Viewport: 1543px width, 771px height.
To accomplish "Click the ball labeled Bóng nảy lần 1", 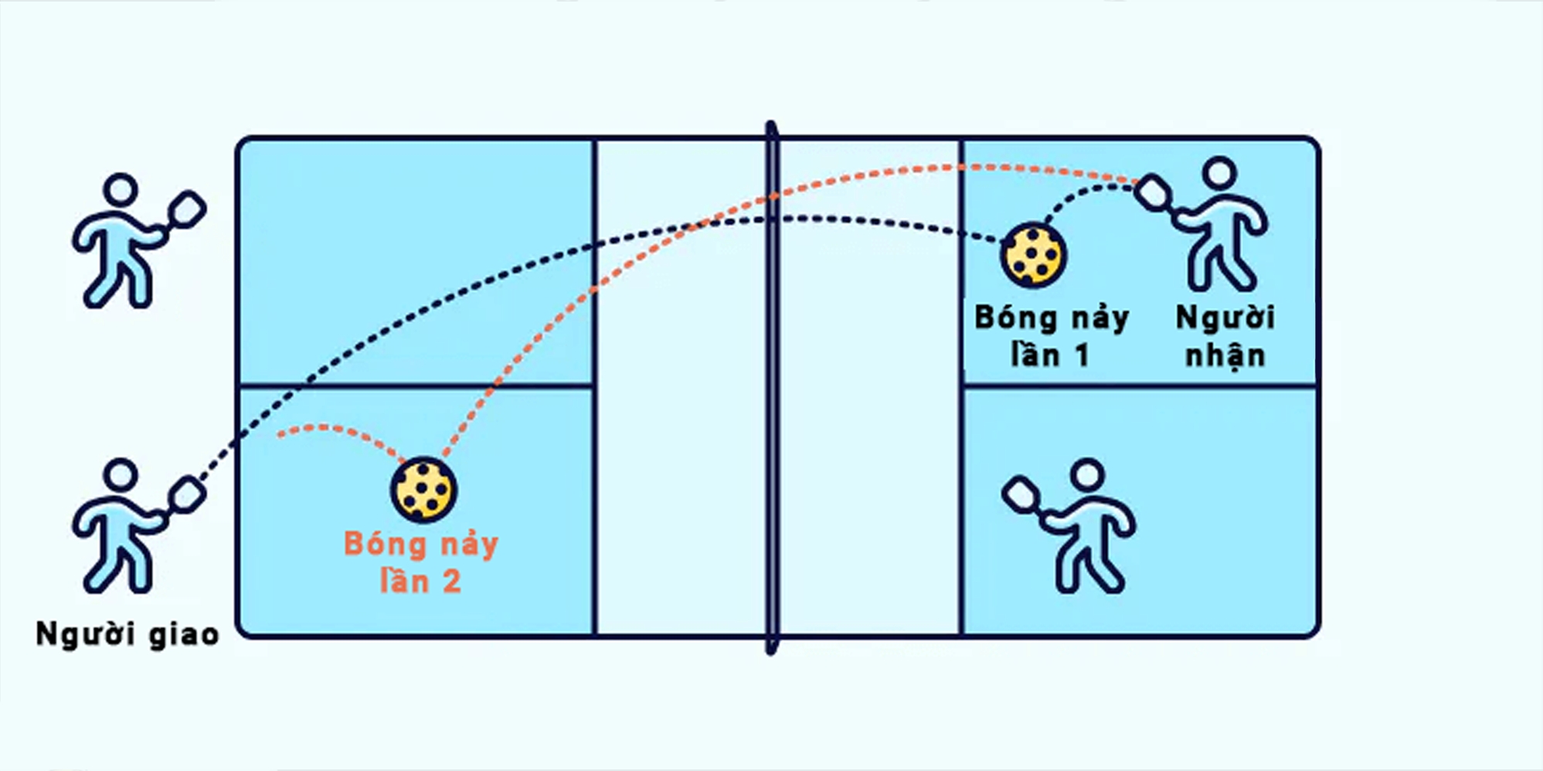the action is point(1033,254).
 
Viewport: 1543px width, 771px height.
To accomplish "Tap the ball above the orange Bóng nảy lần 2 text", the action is point(423,490).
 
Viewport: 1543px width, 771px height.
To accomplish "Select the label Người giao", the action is point(127,634).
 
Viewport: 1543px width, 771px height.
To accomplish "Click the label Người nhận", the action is point(1225,337).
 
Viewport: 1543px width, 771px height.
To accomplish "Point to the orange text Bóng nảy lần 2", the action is point(421,562).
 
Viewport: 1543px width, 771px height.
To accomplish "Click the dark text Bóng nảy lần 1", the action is point(1052,337).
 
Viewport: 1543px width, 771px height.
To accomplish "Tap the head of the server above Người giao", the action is point(121,475).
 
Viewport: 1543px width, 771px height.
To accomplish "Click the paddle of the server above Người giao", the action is point(185,494).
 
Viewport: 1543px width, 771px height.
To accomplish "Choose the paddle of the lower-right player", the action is point(1021,494).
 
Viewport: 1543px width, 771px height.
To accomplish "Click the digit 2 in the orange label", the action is point(451,582).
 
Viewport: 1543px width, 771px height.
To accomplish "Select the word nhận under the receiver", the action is point(1225,357).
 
